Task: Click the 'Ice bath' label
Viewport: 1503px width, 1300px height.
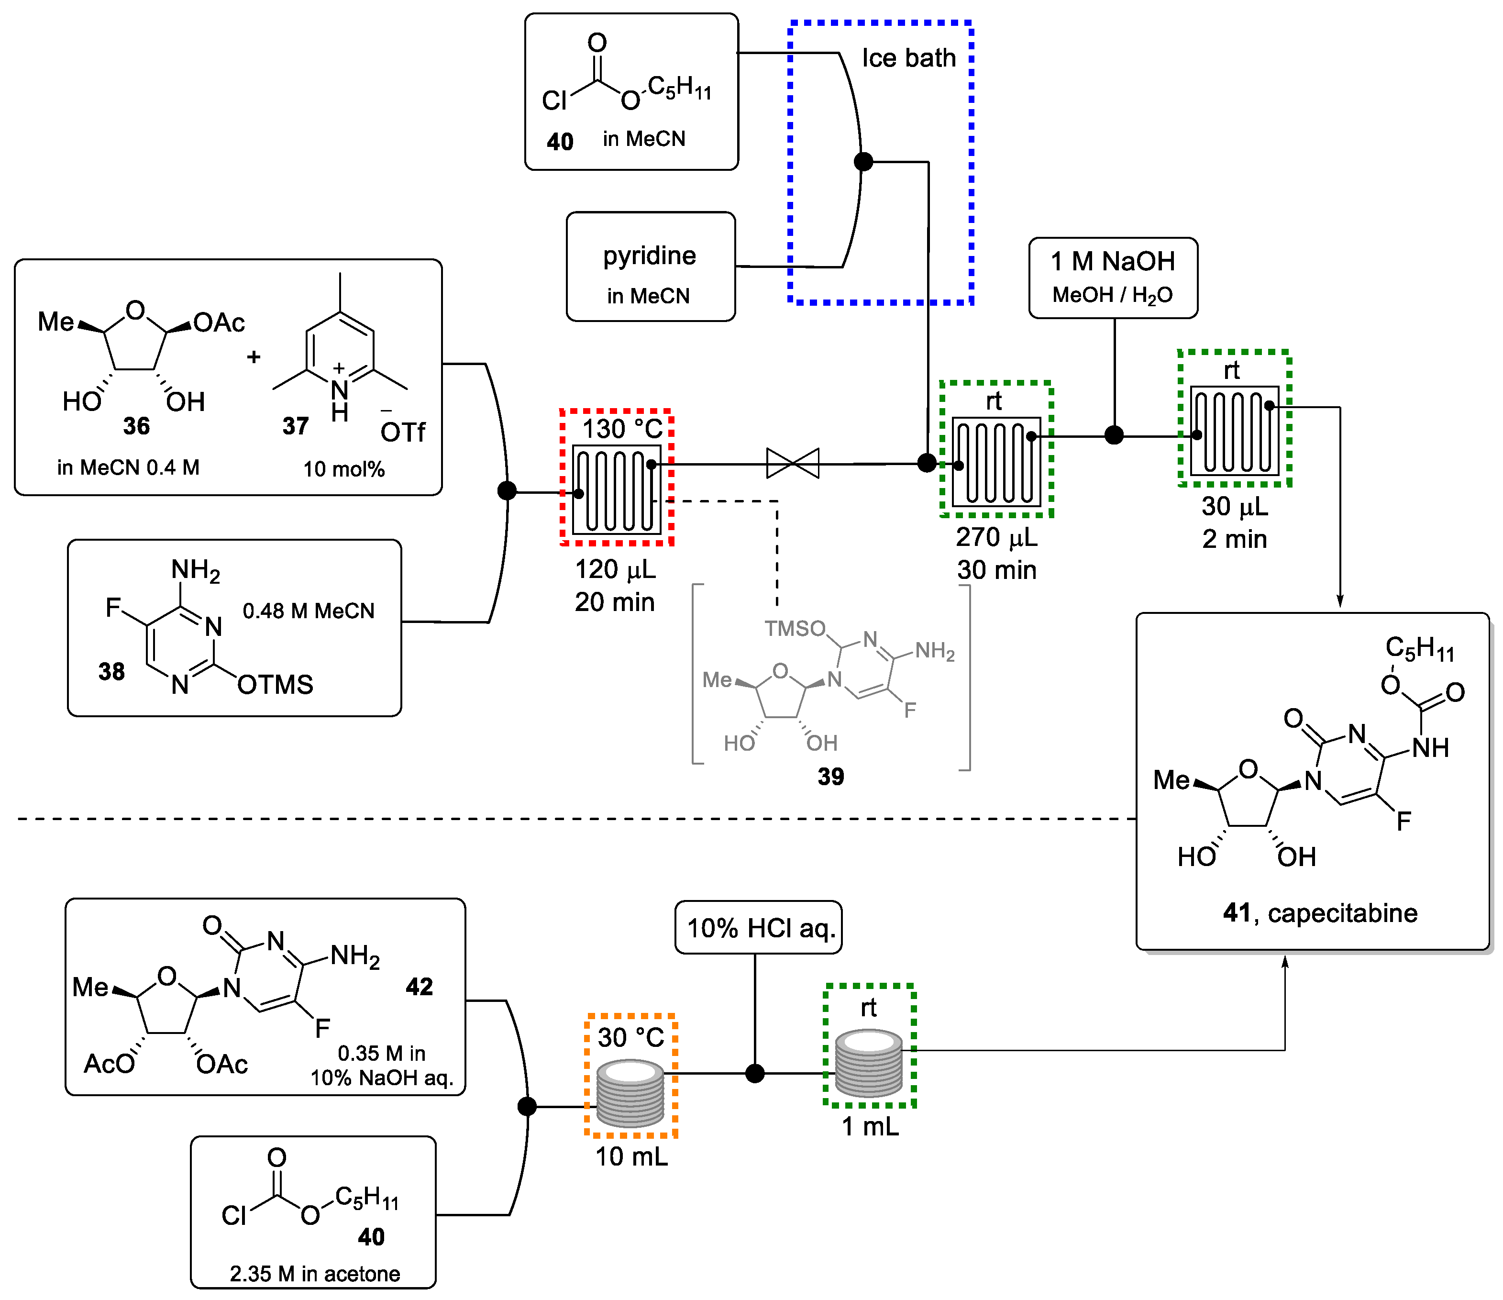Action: pos(908,58)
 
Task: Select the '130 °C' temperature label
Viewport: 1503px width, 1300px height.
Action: pos(622,429)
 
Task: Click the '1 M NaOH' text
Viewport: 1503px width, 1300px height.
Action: pos(1112,261)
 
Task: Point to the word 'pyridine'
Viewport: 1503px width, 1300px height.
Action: pos(649,256)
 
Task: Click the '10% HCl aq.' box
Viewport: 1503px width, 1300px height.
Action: pos(758,928)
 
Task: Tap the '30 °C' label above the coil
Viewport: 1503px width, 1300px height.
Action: pos(630,1037)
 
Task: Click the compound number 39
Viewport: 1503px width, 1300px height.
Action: pos(830,777)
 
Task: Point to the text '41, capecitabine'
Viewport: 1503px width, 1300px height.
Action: pos(1319,912)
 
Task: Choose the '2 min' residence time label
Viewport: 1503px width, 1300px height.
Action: pos(1234,539)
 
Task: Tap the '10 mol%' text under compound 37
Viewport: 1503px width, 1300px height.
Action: pos(344,469)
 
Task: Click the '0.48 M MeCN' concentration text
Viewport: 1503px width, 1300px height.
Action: pos(308,611)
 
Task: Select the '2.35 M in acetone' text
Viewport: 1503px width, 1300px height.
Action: pos(314,1274)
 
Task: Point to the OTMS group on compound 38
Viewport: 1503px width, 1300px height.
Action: pos(275,685)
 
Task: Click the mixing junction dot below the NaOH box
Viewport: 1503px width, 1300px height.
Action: pos(1114,435)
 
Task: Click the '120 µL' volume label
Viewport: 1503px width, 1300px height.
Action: pos(614,569)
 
